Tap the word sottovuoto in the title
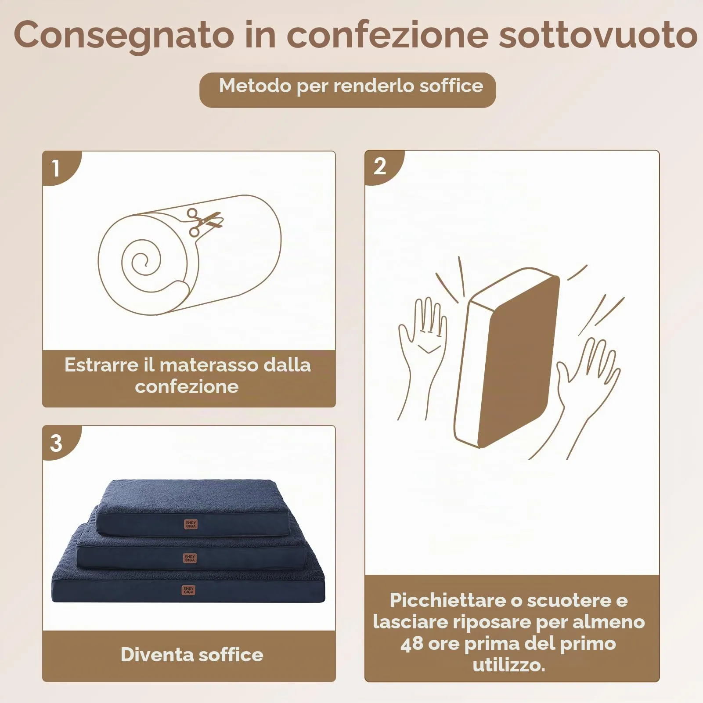click(598, 35)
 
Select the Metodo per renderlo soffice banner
click(347, 90)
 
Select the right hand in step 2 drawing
click(584, 391)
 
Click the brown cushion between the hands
click(507, 357)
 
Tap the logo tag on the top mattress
click(191, 524)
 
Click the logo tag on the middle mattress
click(190, 558)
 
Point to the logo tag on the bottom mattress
click(188, 590)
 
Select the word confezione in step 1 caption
click(187, 387)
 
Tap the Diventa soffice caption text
click(192, 655)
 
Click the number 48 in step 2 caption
click(412, 644)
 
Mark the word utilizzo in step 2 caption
click(509, 665)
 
